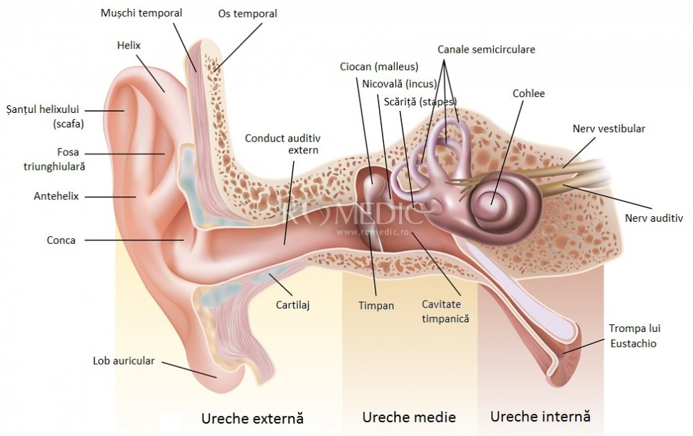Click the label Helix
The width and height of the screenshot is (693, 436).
[129, 46]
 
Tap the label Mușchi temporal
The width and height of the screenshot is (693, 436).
[141, 13]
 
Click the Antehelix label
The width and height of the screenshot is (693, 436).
[56, 196]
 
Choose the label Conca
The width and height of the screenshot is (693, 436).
[61, 241]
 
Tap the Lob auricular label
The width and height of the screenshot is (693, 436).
[124, 361]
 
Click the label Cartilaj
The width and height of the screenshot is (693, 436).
[292, 304]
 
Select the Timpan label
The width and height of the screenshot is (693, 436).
[376, 305]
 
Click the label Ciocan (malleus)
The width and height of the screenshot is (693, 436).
[379, 67]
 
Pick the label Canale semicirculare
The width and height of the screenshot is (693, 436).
[486, 49]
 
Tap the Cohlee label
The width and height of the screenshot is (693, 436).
[529, 94]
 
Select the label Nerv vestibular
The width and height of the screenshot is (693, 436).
[609, 129]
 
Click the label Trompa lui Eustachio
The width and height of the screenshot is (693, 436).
[632, 335]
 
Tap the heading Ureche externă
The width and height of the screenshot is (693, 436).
[252, 418]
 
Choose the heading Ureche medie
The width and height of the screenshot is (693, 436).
[409, 417]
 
